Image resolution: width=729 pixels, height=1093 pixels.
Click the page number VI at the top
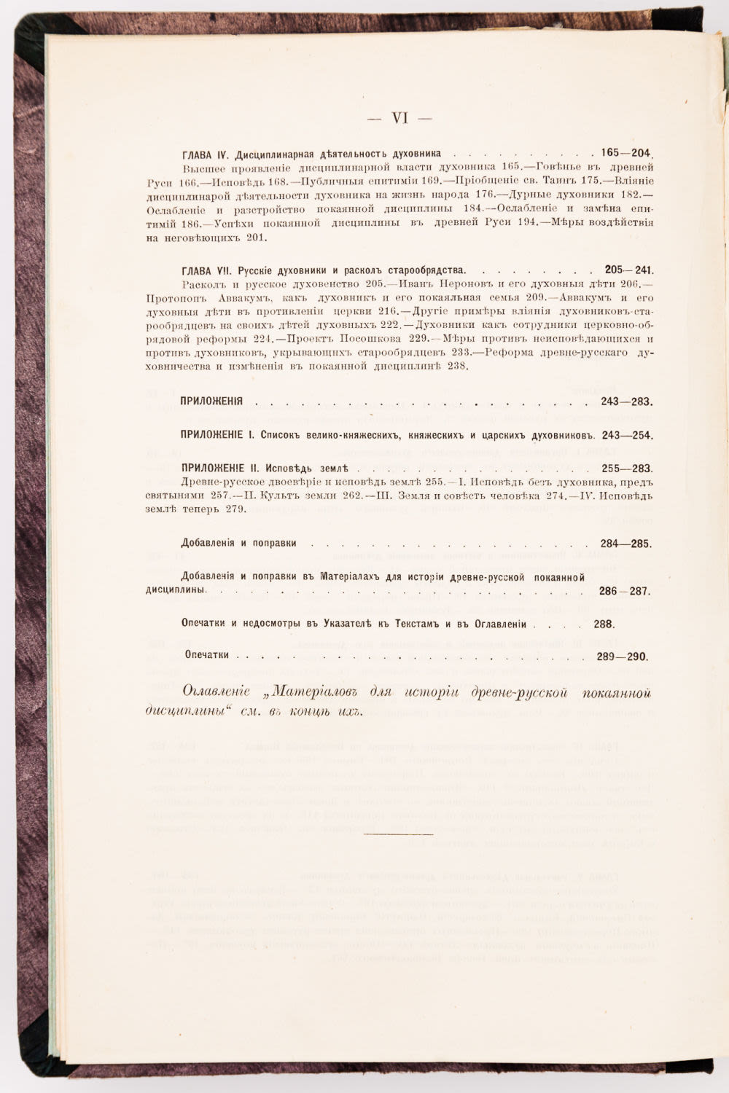399,118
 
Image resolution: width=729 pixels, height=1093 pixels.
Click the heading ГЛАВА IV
206,155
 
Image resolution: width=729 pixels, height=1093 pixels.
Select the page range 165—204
626,154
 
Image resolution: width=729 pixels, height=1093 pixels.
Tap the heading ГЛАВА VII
207,270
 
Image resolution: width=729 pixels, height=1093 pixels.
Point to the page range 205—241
628,270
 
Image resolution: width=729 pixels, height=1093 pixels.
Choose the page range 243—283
626,401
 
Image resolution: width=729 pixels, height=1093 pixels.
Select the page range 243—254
626,435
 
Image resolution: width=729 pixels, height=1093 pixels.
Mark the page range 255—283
626,469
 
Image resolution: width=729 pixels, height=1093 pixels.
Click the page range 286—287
625,592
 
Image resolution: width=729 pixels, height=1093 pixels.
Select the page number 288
604,624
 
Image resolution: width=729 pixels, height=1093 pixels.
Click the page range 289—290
622,657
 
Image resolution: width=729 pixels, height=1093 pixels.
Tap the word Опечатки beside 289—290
207,655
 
